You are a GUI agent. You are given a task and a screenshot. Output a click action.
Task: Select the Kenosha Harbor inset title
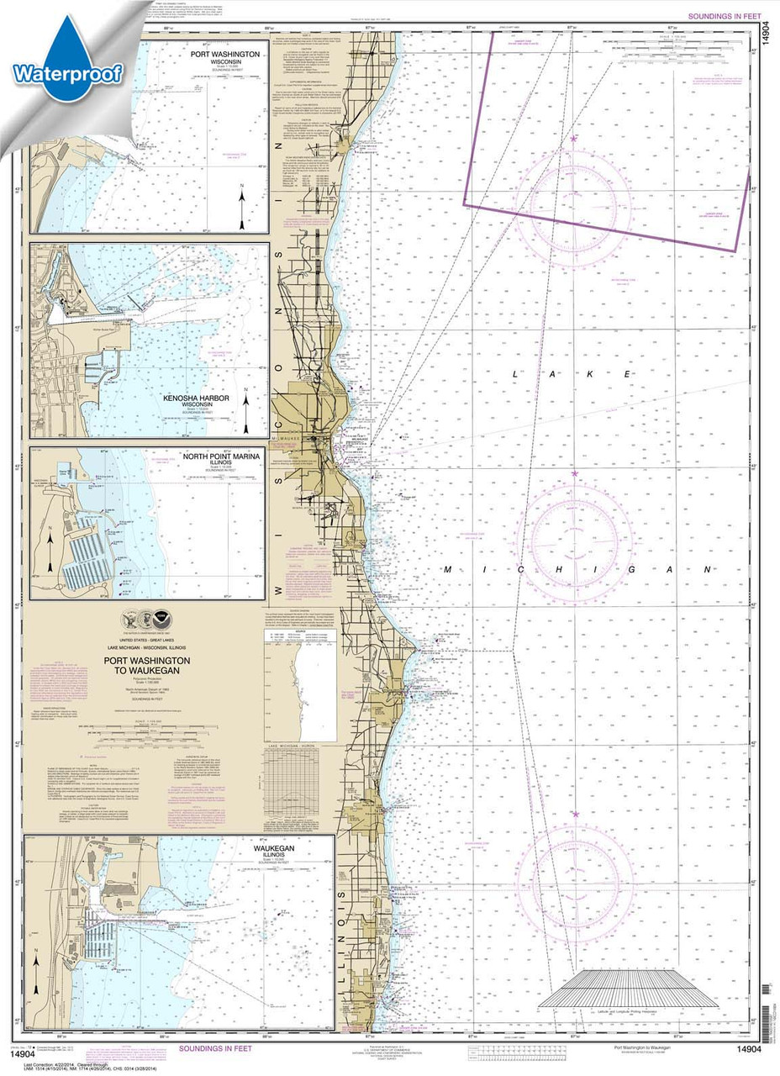[198, 398]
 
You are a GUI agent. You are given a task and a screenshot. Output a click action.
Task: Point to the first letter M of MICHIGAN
[448, 570]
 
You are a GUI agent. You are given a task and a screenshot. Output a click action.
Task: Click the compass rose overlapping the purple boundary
[573, 203]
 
